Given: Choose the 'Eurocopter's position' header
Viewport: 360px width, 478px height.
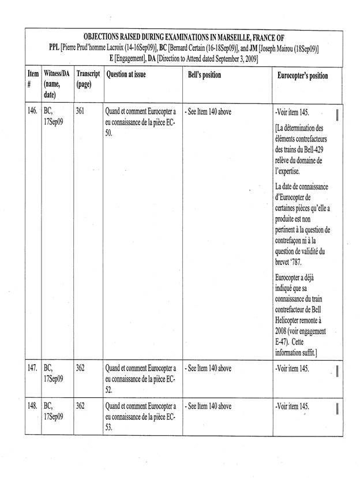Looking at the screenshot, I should (x=303, y=76).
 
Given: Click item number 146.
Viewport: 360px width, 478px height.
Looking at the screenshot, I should (x=32, y=111).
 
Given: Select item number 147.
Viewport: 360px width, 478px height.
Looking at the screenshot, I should (x=32, y=368).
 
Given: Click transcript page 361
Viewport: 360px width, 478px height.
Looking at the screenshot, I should (x=81, y=111).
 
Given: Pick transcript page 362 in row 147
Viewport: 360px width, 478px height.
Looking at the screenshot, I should (x=81, y=368).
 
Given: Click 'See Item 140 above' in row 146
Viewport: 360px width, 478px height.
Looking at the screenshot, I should (x=208, y=111).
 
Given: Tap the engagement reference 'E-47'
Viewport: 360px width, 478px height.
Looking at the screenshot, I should (x=283, y=342).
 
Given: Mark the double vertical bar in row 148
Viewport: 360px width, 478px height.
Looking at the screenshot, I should (x=337, y=409).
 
